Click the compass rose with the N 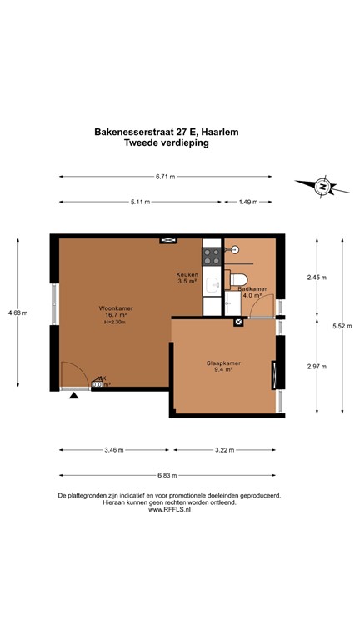(x=321, y=187)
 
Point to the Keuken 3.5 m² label (x=186, y=277)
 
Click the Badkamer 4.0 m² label (x=252, y=291)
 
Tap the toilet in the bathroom (x=240, y=280)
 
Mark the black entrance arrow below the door (x=75, y=396)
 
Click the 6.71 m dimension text (x=166, y=176)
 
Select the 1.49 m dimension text (x=247, y=202)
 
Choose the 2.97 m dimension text (x=317, y=366)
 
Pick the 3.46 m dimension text (x=113, y=450)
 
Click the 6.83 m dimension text (x=166, y=476)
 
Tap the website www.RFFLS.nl (x=168, y=510)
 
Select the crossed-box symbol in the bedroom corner (x=239, y=320)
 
